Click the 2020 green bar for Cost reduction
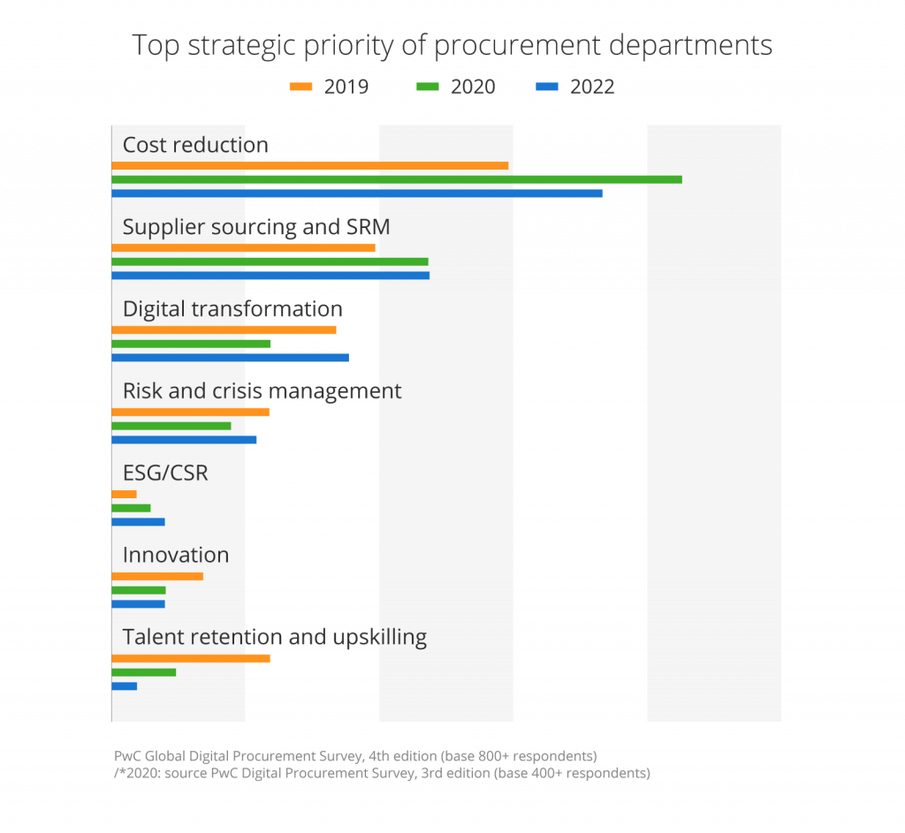coord(396,179)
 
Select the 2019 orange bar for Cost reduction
coord(309,166)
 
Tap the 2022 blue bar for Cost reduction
coord(357,193)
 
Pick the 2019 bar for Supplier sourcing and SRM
coord(243,248)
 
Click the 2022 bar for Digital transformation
coord(230,358)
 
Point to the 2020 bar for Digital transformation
coord(191,344)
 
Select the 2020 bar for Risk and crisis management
coord(171,426)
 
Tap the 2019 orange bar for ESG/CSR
coord(125,494)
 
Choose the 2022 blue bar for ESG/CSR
coord(138,522)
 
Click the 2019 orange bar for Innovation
coord(157,576)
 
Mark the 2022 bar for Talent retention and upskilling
coord(125,686)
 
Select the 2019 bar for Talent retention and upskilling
coord(191,658)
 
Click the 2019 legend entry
coord(329,87)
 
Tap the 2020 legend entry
coord(455,87)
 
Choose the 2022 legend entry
coord(574,87)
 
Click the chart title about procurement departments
coord(452,45)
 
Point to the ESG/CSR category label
coord(165,473)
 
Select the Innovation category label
coord(175,555)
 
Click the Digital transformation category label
coord(232,309)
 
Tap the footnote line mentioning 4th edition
coord(355,756)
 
